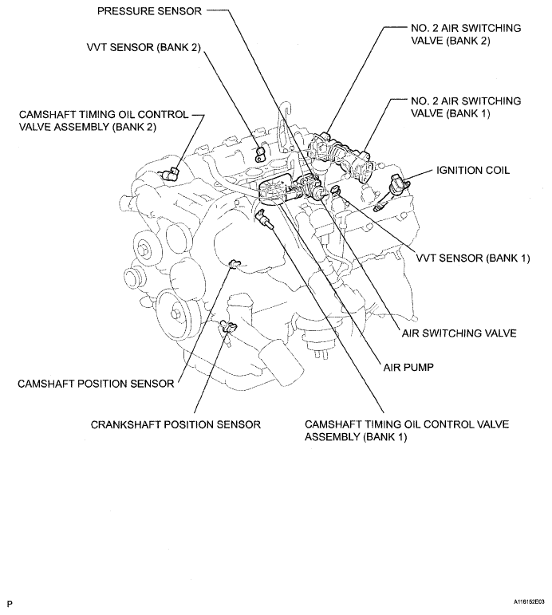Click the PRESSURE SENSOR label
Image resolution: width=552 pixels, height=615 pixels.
coord(150,12)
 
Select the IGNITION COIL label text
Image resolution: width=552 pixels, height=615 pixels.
coord(472,171)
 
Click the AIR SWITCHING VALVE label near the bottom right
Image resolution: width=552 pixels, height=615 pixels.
coord(448,333)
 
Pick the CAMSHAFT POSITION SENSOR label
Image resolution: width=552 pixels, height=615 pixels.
coord(95,384)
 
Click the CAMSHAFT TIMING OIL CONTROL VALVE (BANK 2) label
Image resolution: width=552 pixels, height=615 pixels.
coord(104,120)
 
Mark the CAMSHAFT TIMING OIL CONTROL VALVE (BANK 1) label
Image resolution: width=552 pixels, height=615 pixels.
coord(406,431)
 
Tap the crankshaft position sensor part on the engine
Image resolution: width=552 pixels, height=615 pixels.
coord(226,327)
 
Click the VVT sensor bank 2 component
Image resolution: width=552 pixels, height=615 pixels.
coord(258,153)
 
